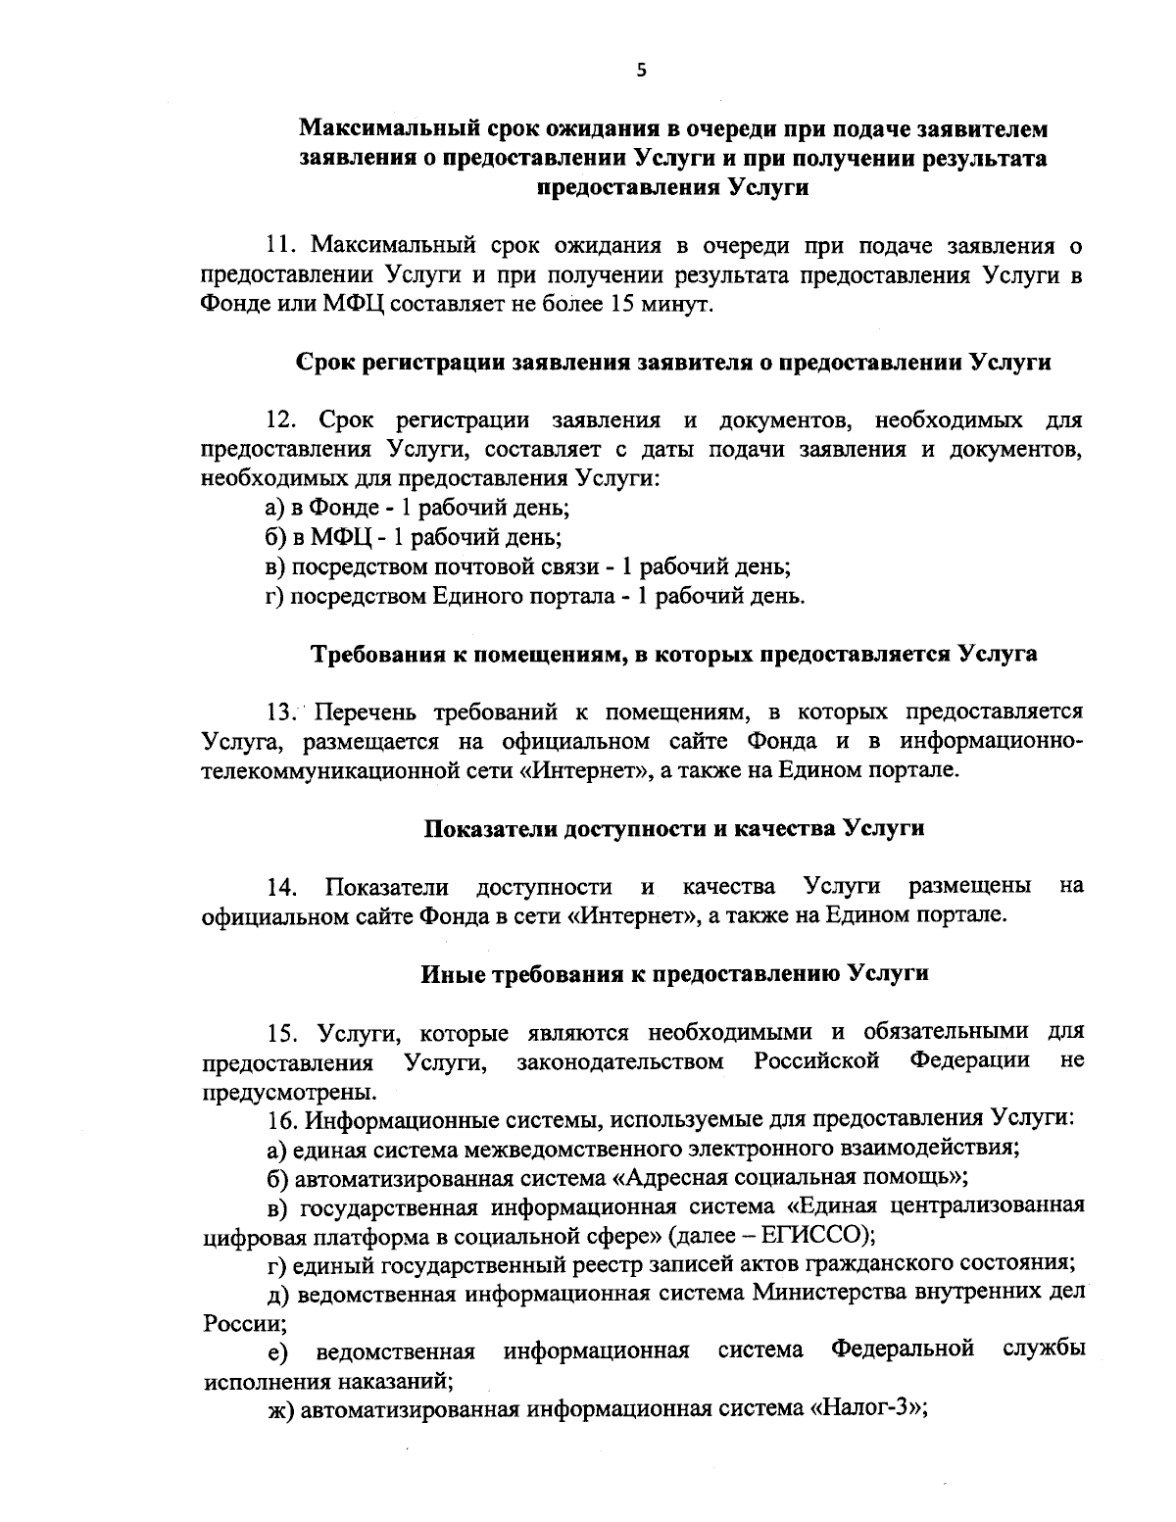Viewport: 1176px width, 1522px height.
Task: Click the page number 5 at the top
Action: coord(641,69)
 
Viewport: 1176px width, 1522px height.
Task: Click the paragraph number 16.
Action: coord(282,1118)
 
